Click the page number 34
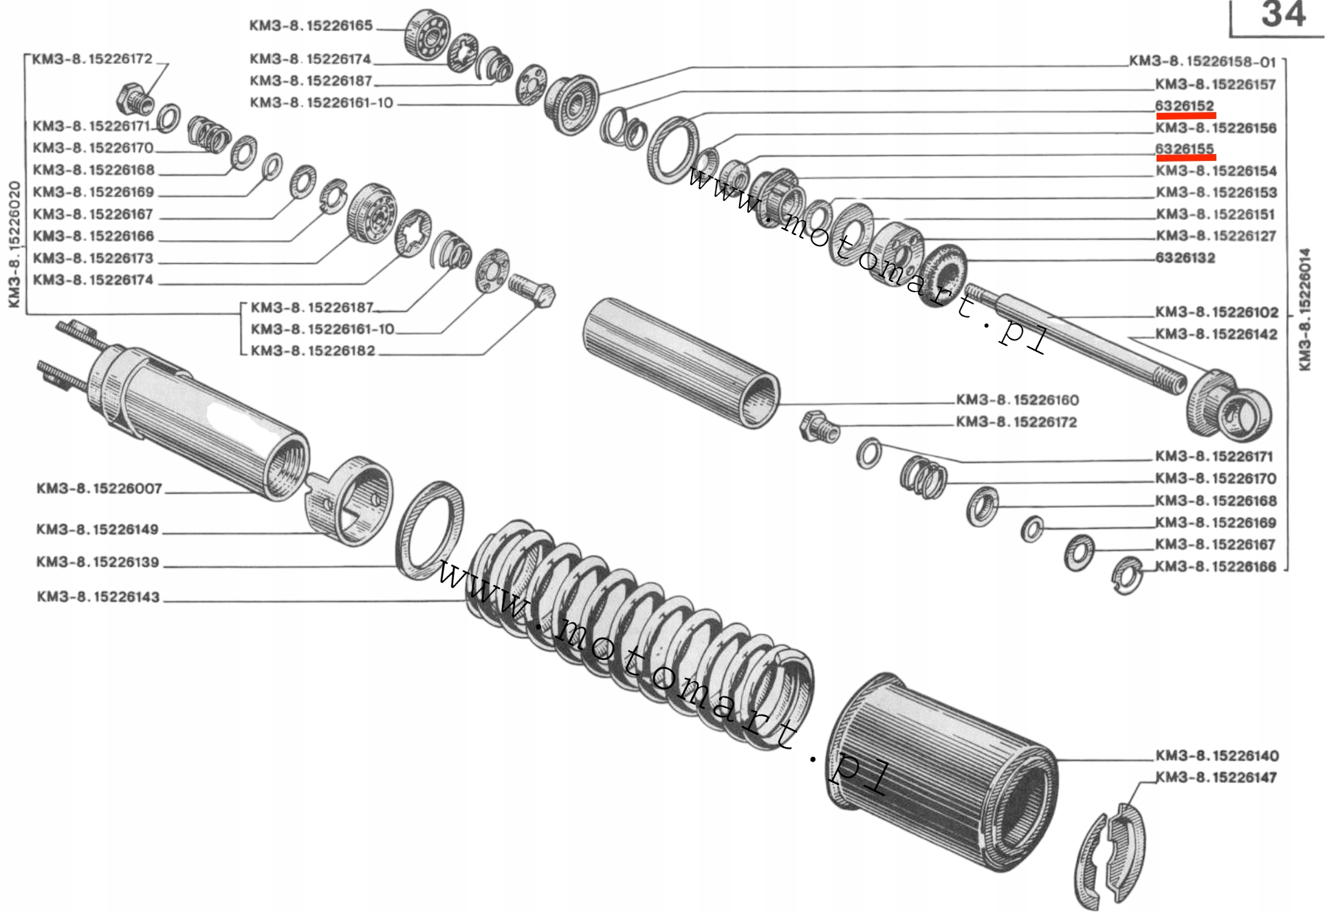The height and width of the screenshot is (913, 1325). [1283, 15]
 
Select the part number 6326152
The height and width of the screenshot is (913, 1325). [1185, 106]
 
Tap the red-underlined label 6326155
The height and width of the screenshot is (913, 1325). [1185, 149]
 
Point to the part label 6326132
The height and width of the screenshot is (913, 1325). [1185, 258]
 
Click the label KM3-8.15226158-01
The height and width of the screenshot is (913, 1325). [1203, 62]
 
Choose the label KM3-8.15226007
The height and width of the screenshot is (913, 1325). [100, 489]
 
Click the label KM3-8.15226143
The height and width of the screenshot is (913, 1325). [98, 597]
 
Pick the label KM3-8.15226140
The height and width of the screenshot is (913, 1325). [1216, 756]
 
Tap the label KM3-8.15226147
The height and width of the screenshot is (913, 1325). [1216, 778]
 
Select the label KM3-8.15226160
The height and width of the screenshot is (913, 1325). [1018, 400]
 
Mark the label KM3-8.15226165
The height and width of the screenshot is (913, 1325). [311, 26]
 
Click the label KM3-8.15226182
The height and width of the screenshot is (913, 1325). [313, 351]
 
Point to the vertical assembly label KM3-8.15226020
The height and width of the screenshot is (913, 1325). [14, 244]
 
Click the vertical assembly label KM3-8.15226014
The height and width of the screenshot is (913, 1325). [1304, 309]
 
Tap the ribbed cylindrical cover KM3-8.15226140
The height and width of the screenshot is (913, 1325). [942, 770]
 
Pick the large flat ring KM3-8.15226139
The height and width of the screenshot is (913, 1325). [430, 529]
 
